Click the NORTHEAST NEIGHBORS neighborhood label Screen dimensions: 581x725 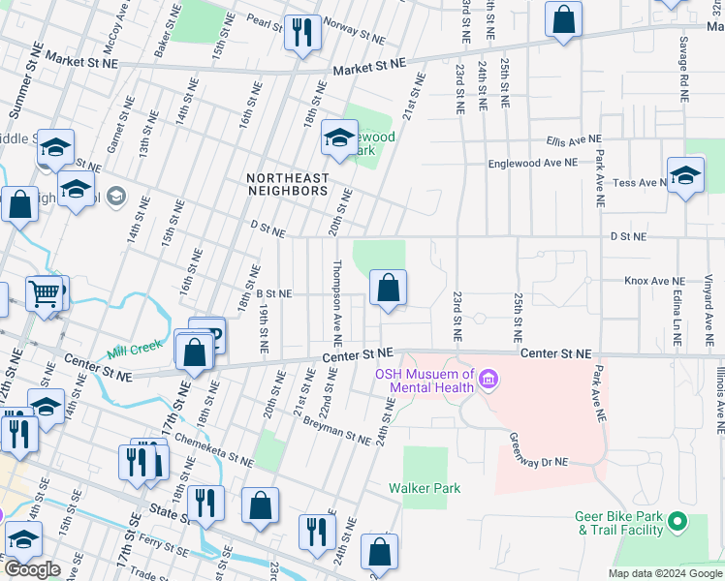287,184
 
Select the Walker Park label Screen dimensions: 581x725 425,488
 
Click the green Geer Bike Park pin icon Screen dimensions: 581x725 678,523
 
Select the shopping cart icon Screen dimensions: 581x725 44,291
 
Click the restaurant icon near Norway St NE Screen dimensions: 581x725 302,32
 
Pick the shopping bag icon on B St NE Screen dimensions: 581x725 388,288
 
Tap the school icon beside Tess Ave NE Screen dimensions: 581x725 685,176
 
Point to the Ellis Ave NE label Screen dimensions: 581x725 574,139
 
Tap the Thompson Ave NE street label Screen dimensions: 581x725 337,303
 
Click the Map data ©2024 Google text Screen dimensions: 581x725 664,573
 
